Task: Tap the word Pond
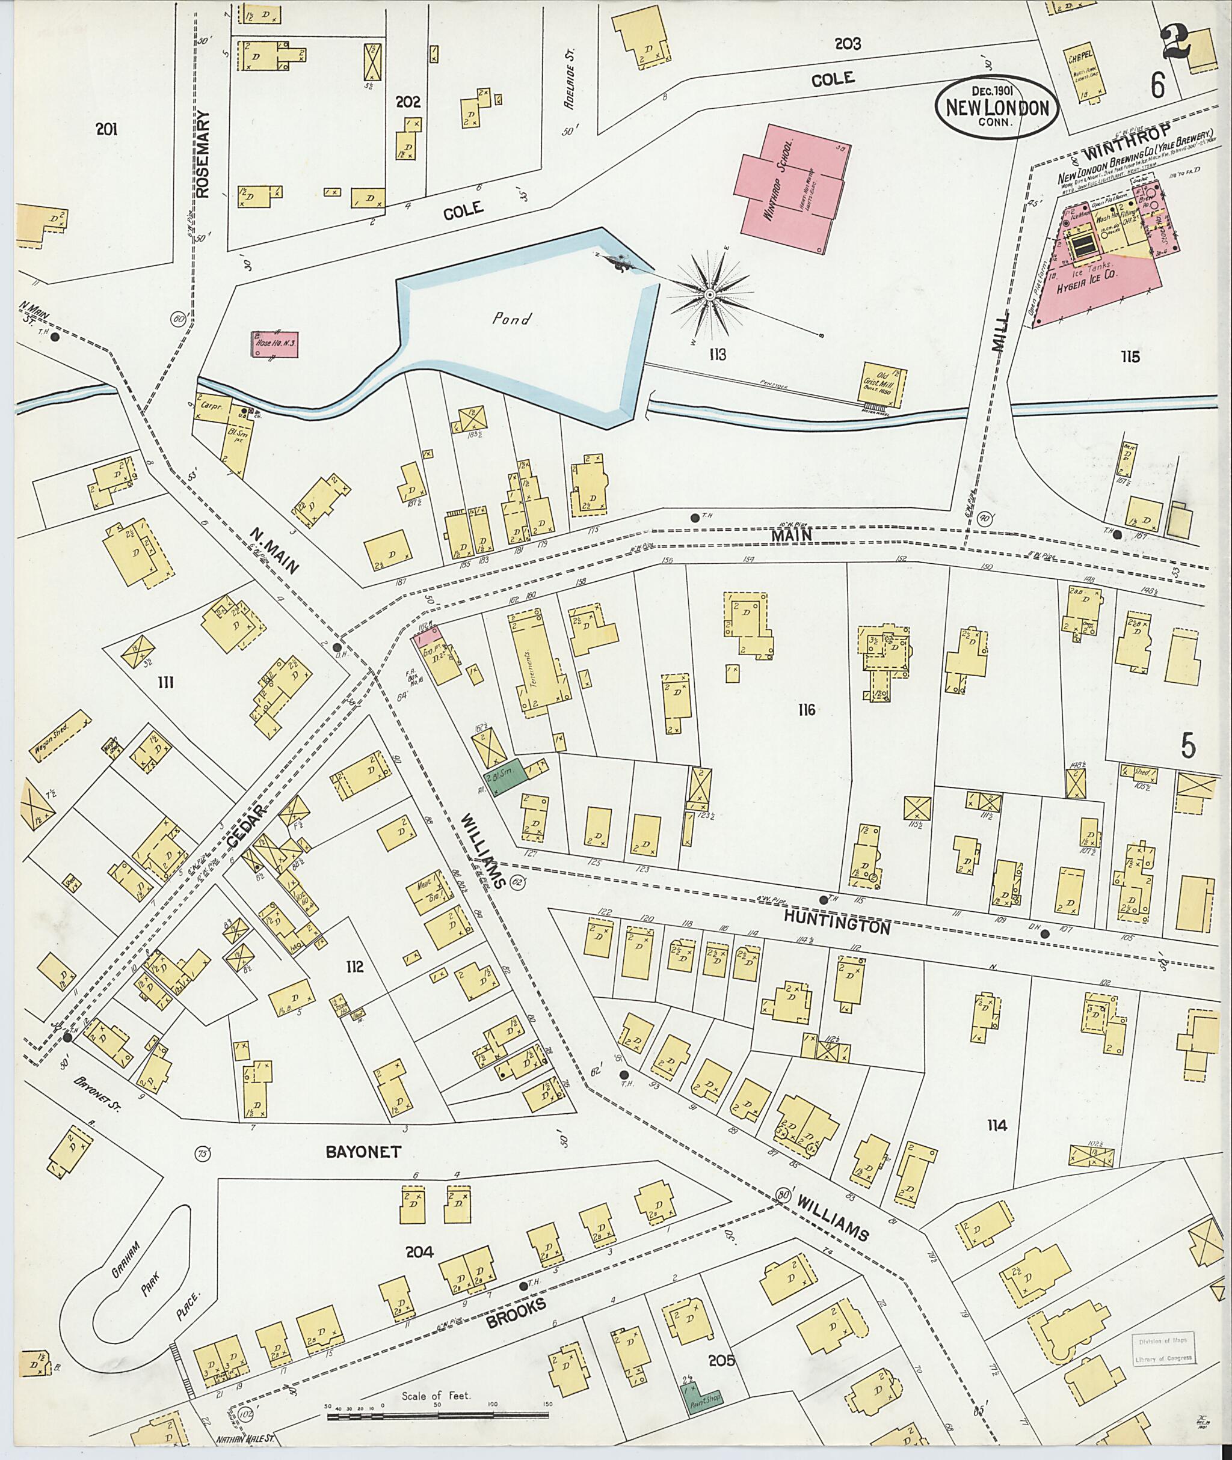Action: [511, 320]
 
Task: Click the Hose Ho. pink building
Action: [274, 344]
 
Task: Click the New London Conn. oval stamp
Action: [997, 105]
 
